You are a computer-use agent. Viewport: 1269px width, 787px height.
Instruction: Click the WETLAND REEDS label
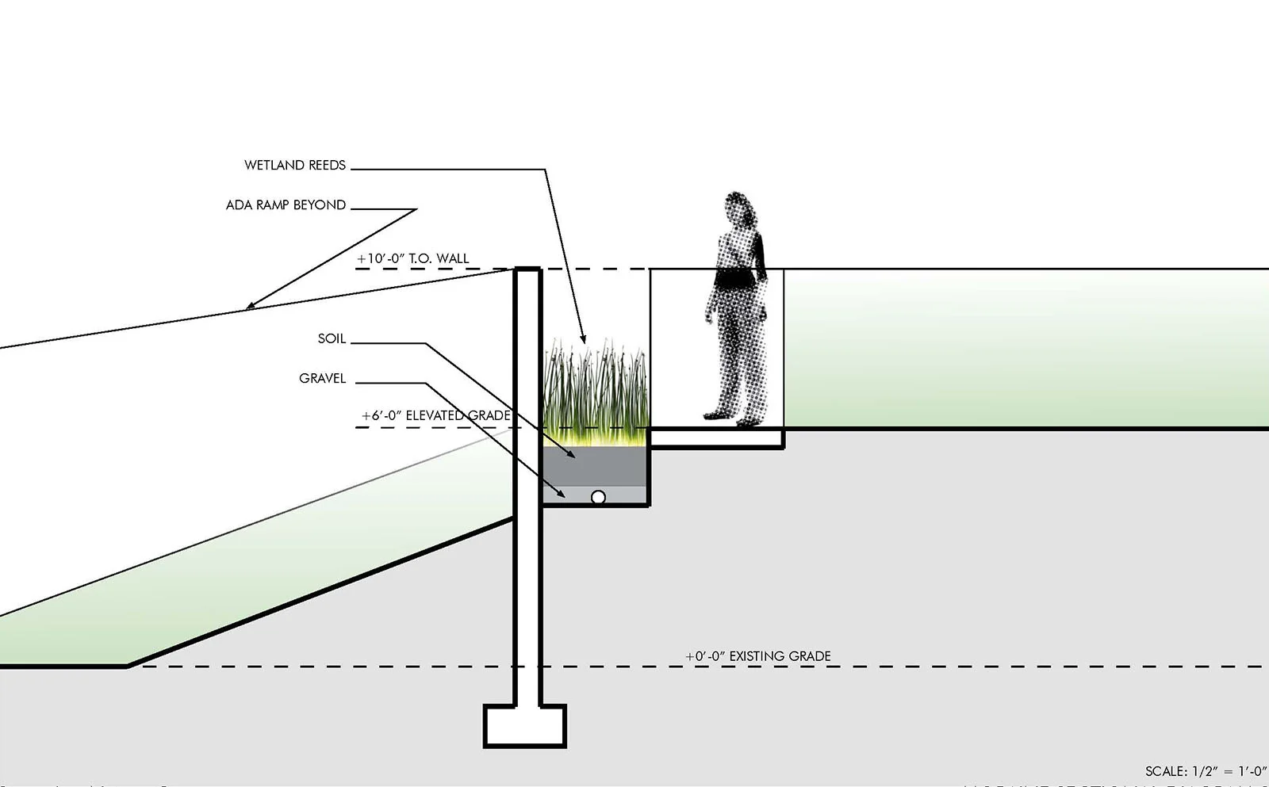point(294,165)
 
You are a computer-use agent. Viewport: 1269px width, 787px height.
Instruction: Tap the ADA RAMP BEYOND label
point(286,204)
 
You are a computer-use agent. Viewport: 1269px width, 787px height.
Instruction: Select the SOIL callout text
point(332,338)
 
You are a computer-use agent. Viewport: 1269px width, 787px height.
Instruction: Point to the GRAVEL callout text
point(322,378)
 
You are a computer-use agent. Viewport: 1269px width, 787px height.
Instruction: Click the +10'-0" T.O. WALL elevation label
point(413,258)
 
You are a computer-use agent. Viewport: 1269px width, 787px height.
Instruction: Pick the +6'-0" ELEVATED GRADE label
point(435,415)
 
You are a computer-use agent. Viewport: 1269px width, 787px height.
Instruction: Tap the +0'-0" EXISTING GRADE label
point(758,656)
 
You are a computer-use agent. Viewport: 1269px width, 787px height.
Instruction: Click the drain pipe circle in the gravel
point(598,497)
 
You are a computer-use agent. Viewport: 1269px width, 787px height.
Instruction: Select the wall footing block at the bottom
point(525,726)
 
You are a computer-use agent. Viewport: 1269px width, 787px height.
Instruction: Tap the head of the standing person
point(738,208)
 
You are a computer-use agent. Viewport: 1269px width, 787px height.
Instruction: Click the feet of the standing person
point(730,417)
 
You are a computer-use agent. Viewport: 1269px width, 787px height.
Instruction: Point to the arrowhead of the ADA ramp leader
point(249,306)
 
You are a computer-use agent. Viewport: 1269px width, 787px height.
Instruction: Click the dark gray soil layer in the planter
point(596,467)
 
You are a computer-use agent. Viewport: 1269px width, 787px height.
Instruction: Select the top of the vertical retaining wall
point(527,271)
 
